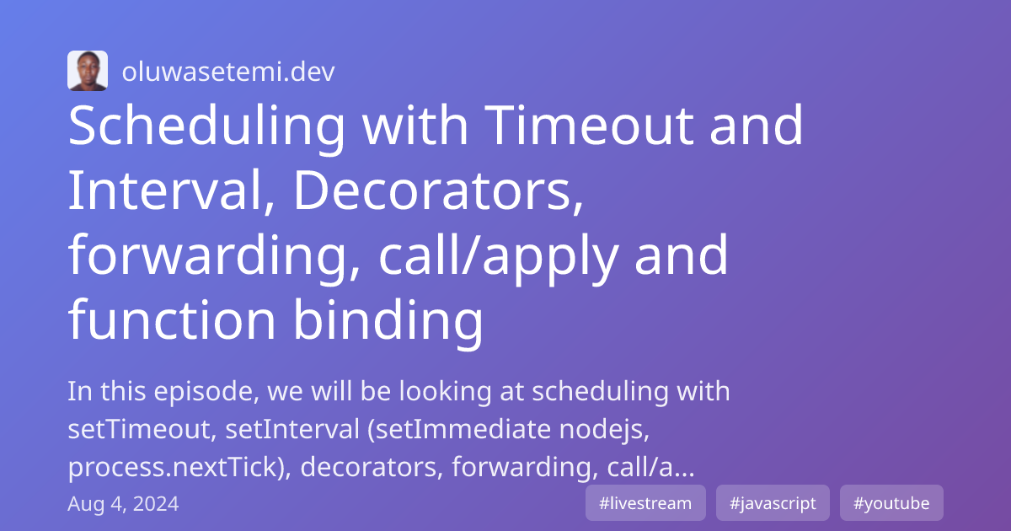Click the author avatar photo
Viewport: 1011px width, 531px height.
coord(88,71)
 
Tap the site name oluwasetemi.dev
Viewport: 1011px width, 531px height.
coord(228,72)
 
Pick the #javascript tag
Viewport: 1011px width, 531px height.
coord(773,503)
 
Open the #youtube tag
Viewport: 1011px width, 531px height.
coord(891,503)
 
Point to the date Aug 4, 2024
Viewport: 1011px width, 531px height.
coord(123,504)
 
